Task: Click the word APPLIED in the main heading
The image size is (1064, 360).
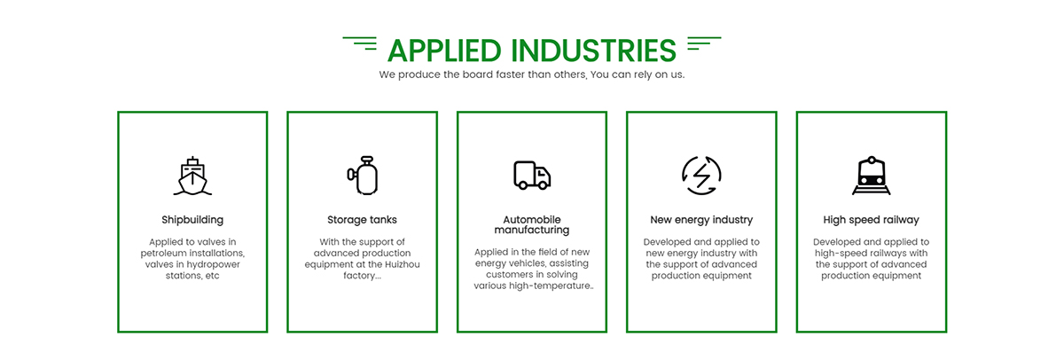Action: (444, 51)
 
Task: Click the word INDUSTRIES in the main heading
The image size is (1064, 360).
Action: (594, 51)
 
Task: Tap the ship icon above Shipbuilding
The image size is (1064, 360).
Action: (192, 176)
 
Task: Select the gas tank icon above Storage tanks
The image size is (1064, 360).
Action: (363, 175)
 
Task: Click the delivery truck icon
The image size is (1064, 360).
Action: (532, 176)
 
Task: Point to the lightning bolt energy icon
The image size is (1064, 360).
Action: (701, 176)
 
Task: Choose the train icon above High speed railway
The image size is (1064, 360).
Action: (871, 176)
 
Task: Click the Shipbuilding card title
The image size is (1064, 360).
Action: (192, 220)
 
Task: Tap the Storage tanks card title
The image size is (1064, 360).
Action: (362, 220)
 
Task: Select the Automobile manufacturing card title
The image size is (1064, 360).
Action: (532, 224)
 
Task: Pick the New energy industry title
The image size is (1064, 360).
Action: (701, 220)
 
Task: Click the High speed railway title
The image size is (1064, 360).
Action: (871, 220)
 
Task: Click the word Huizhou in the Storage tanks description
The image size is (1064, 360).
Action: (403, 264)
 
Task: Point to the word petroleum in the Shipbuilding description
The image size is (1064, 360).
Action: (161, 254)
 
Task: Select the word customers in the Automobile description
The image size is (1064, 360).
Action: (508, 275)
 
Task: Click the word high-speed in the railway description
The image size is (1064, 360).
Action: (837, 254)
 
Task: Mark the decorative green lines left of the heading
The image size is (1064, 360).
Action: (360, 43)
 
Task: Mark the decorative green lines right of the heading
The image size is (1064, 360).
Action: (704, 43)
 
